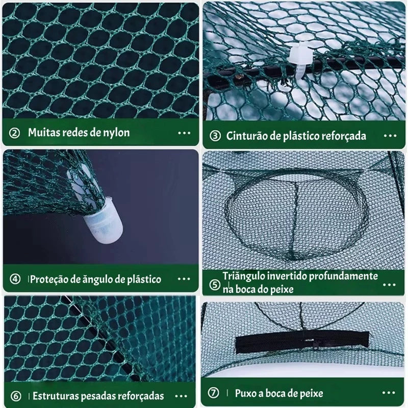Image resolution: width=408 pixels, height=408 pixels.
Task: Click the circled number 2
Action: click(x=14, y=133)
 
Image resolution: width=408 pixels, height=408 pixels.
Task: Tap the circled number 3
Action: click(x=215, y=136)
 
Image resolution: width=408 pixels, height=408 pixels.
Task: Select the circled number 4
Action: click(x=15, y=279)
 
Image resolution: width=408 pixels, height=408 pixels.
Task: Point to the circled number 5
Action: click(x=215, y=285)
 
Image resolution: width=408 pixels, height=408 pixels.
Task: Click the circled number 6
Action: click(x=16, y=396)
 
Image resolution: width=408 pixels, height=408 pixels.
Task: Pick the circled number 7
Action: click(x=213, y=393)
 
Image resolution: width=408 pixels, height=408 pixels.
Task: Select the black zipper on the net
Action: click(x=302, y=342)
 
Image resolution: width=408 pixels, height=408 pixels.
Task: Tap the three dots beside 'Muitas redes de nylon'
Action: click(x=184, y=133)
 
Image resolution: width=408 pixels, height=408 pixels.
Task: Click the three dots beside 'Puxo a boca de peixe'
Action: click(x=389, y=393)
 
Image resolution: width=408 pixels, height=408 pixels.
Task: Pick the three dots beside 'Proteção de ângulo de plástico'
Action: click(x=184, y=279)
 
